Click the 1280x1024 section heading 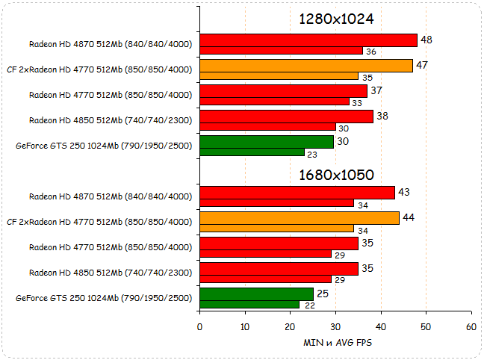(336, 19)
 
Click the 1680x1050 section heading (336, 175)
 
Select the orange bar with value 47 (306, 66)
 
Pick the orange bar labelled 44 (300, 218)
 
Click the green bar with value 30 (267, 142)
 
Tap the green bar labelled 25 (256, 294)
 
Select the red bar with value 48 (308, 40)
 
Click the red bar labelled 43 (297, 193)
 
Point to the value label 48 (426, 40)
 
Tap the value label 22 (308, 305)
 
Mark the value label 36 (371, 52)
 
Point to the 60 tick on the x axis (471, 327)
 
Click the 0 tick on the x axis (199, 327)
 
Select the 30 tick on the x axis (335, 327)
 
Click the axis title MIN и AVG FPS (336, 343)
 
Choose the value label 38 (382, 116)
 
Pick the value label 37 (376, 90)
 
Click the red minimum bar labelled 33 (275, 102)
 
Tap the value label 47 (422, 65)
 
